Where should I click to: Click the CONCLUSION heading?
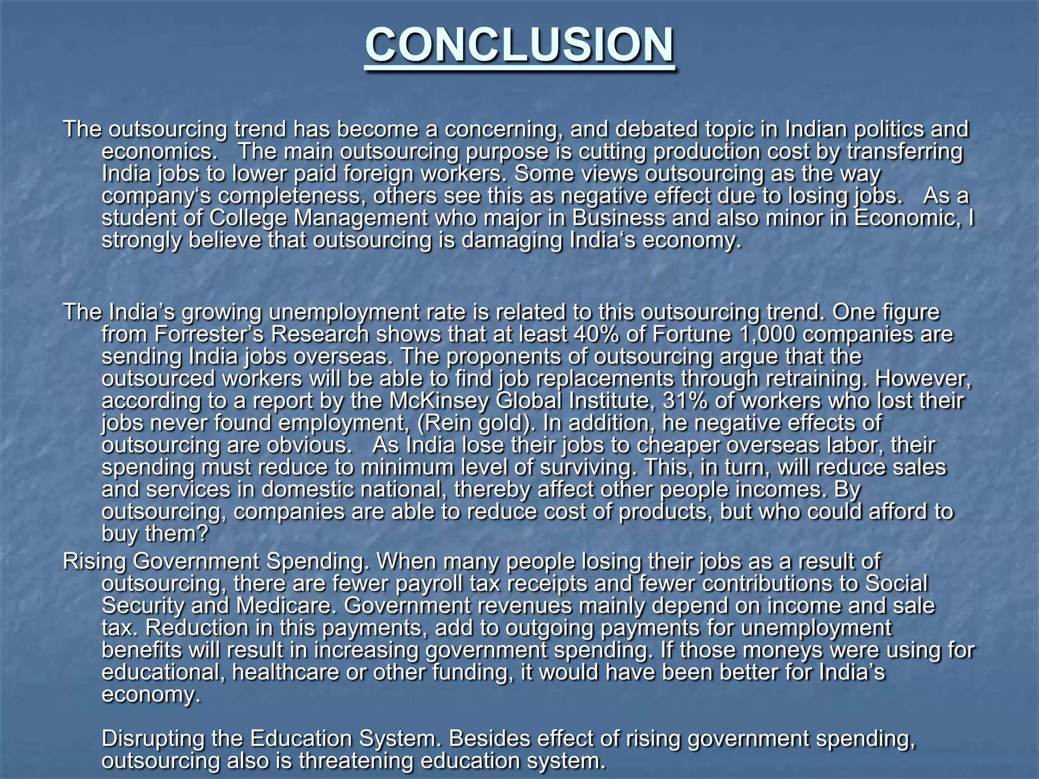[519, 45]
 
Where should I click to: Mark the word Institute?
[608, 401]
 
